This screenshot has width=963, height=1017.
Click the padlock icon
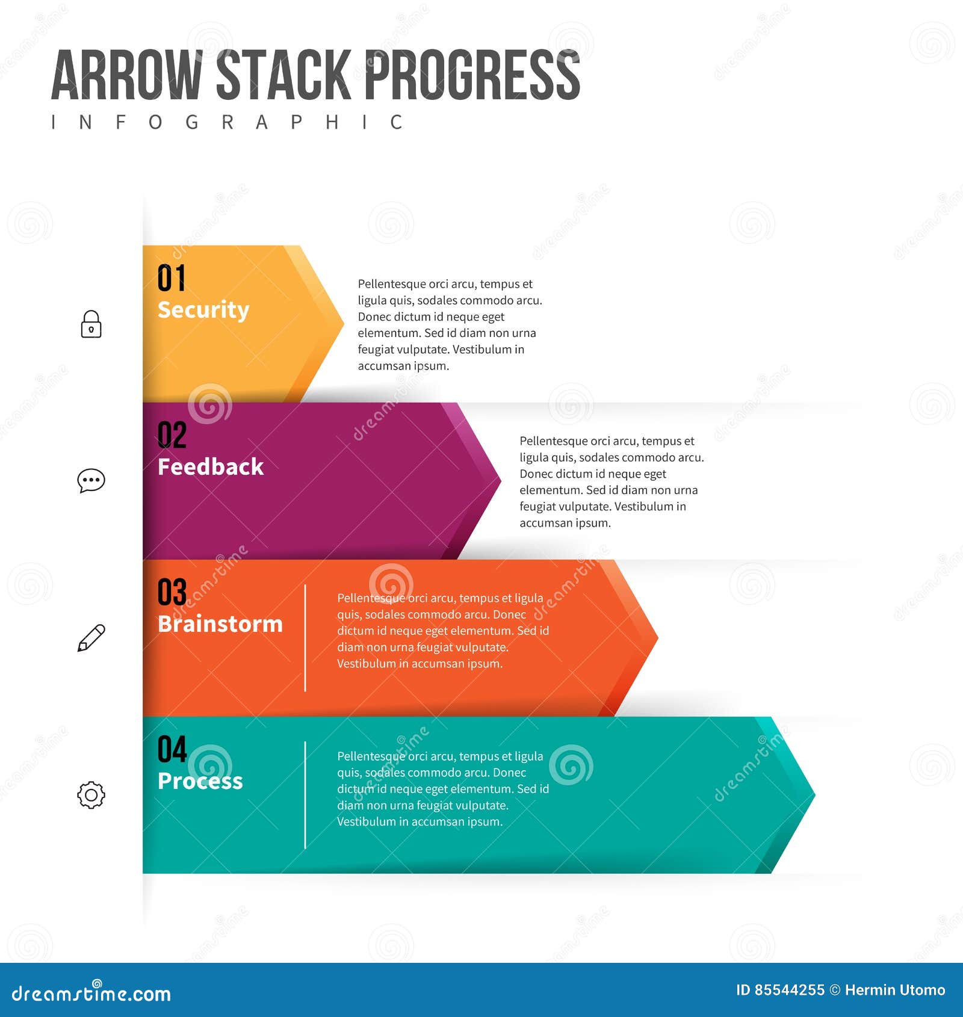point(91,324)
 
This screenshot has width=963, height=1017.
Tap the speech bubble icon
point(91,481)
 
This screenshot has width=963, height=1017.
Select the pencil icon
point(91,638)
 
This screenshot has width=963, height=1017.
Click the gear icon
point(91,795)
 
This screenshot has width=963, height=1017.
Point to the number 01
point(172,278)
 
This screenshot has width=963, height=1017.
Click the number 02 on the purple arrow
point(172,435)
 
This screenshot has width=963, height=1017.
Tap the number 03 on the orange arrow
point(172,592)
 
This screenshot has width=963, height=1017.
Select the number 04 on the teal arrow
point(172,749)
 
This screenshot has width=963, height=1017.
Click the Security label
point(203,310)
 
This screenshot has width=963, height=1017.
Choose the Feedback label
point(211,467)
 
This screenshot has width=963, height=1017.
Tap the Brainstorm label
point(220,624)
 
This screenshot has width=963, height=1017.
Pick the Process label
point(200,781)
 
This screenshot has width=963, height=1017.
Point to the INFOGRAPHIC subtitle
point(227,122)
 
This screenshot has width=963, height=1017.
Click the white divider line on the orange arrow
point(305,638)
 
